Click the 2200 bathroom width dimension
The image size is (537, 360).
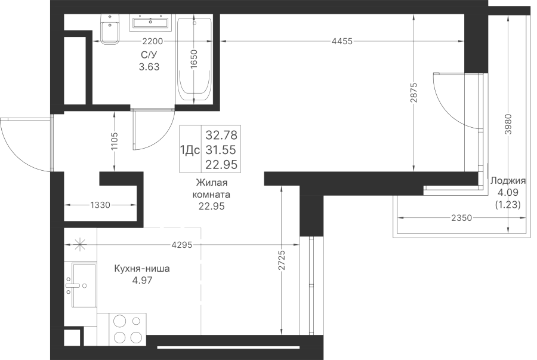click(x=152, y=41)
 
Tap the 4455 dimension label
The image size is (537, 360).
click(x=342, y=41)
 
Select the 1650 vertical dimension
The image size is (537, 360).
click(x=194, y=59)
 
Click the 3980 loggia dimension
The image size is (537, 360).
click(x=508, y=124)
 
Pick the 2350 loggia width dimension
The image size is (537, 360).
click(x=461, y=218)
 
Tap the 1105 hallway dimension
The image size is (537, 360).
click(x=115, y=141)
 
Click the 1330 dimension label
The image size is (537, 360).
click(x=100, y=205)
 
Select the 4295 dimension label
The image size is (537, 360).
click(x=182, y=245)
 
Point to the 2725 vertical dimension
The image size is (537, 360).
click(x=281, y=260)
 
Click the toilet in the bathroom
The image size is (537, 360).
click(x=110, y=29)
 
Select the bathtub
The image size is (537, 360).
click(x=194, y=59)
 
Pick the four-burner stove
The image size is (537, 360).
click(x=128, y=330)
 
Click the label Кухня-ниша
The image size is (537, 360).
click(x=142, y=269)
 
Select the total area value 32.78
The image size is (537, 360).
click(x=221, y=135)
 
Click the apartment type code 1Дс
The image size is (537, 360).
click(x=190, y=150)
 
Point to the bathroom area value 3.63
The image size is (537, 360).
click(x=149, y=67)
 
